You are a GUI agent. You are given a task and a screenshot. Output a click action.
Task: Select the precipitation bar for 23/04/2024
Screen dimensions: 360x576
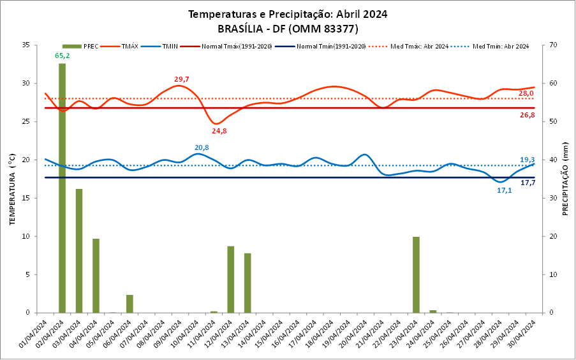[416, 274]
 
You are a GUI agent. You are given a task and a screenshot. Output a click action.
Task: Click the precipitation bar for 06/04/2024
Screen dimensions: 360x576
[129, 304]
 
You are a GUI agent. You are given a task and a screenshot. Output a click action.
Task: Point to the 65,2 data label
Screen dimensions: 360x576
[63, 56]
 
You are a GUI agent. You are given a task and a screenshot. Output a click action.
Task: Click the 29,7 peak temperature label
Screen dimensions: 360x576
[182, 79]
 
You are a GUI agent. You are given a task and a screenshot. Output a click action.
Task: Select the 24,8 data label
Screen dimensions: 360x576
[219, 131]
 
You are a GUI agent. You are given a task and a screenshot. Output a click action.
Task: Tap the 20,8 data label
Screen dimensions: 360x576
[202, 147]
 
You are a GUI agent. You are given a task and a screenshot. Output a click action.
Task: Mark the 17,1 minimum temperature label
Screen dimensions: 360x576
[504, 190]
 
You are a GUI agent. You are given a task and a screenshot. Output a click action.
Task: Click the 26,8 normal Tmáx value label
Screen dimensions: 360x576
[527, 116]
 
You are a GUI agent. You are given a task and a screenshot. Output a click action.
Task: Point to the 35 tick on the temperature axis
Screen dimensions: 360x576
[26, 45]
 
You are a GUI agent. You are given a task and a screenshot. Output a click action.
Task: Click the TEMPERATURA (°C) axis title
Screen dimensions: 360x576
[12, 179]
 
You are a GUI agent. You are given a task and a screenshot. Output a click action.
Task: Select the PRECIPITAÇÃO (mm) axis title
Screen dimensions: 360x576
[565, 179]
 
